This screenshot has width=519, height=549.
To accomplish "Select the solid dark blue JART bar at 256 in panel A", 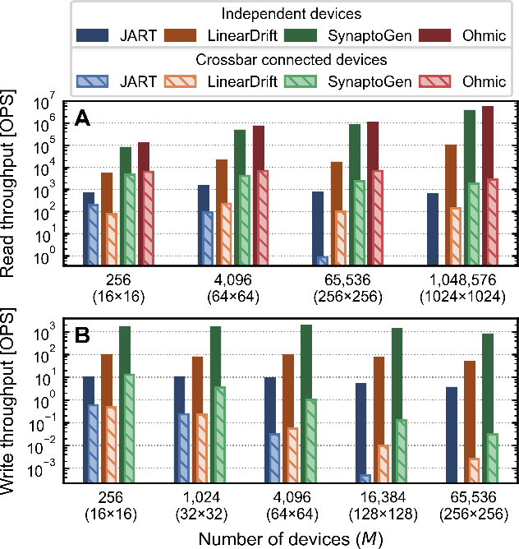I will tap(89, 228).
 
